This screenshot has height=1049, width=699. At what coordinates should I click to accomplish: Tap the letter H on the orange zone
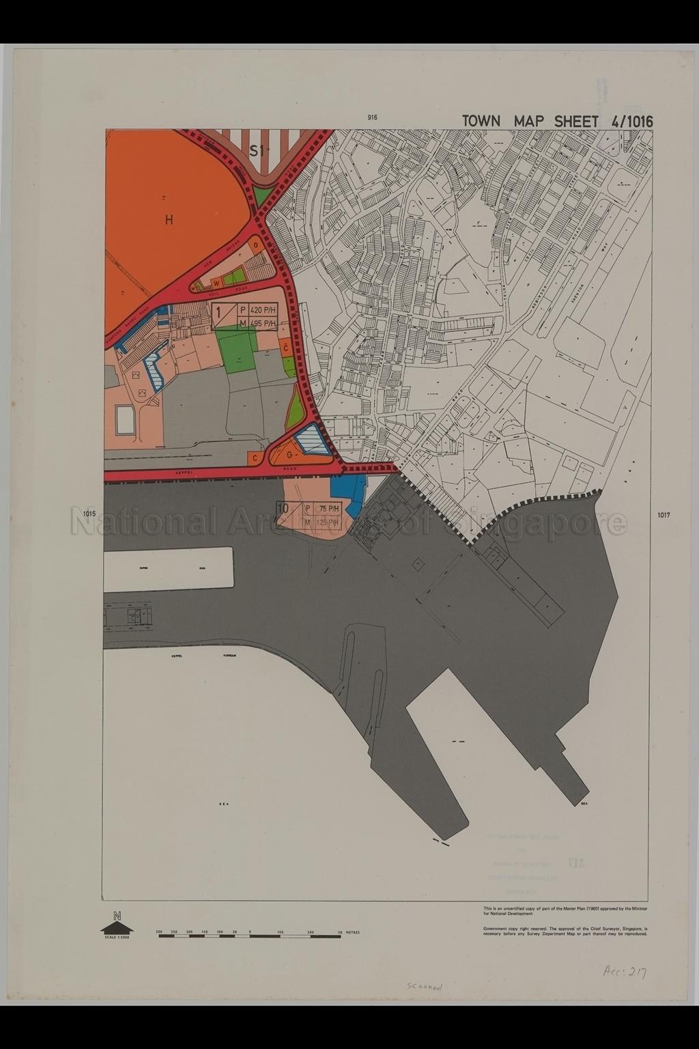169,220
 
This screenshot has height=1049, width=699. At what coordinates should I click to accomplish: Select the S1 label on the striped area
257,151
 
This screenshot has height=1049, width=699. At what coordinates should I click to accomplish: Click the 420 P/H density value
261,309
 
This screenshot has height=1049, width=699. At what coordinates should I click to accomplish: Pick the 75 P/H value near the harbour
329,508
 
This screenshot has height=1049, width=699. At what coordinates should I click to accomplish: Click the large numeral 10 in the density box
283,507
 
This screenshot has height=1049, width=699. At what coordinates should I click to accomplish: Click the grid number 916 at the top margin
372,117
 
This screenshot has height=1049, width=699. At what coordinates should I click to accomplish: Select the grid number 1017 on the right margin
664,515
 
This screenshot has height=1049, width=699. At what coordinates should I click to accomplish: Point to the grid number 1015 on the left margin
89,514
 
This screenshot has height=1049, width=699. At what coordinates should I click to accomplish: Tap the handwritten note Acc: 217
625,972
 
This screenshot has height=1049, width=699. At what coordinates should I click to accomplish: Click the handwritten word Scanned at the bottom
425,987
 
